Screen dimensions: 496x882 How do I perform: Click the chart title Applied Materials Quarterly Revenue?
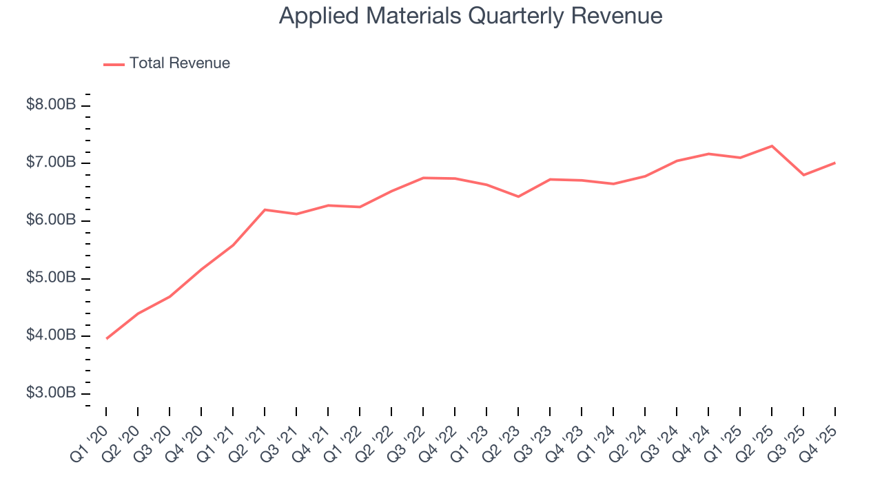click(x=471, y=16)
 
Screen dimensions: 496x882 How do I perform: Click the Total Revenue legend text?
click(x=179, y=63)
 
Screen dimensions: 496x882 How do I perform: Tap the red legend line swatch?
click(x=114, y=64)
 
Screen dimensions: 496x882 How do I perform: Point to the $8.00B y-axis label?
click(x=51, y=105)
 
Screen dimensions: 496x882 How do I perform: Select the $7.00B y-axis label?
click(x=51, y=163)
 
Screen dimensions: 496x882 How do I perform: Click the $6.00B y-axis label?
click(x=51, y=220)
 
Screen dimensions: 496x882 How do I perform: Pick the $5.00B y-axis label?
click(x=51, y=278)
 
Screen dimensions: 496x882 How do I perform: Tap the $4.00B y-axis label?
click(x=51, y=335)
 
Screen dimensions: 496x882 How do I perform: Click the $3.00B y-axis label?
click(x=51, y=393)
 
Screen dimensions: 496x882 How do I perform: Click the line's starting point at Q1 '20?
click(x=106, y=338)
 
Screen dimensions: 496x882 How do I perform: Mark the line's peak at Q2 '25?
click(x=772, y=146)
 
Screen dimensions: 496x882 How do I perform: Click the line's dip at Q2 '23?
click(x=518, y=196)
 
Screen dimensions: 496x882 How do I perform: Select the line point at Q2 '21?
click(x=265, y=209)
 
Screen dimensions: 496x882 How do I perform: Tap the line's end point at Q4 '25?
click(x=835, y=163)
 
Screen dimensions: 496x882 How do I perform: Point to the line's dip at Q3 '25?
click(x=803, y=175)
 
